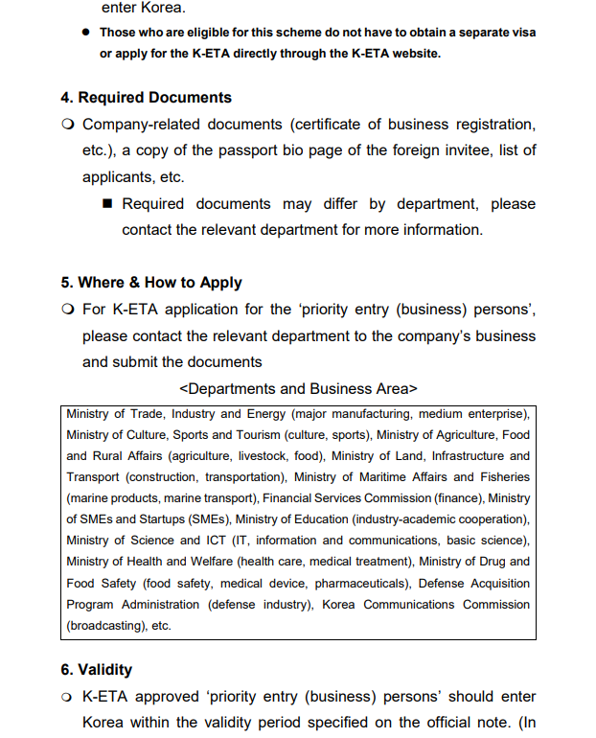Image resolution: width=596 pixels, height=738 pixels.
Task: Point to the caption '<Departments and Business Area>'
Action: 298,389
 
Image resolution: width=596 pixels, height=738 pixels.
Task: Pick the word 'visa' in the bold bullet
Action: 521,33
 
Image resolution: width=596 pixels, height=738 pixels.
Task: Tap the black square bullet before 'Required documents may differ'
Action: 107,204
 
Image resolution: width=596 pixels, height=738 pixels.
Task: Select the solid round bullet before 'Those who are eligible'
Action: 85,33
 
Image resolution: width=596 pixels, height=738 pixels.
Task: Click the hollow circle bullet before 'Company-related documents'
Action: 68,125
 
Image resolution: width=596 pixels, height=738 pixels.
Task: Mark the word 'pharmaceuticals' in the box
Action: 355,583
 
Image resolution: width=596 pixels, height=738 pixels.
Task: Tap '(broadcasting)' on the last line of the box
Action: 104,625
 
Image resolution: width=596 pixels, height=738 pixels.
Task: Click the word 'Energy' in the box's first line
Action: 267,414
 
